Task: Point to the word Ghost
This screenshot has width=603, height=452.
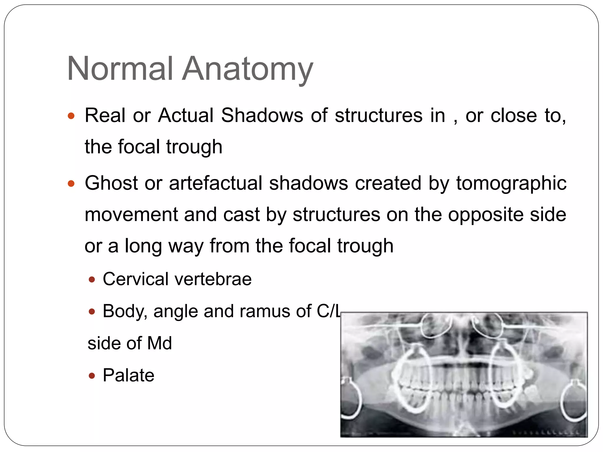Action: coord(111,183)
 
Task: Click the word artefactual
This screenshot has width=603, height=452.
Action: coord(216,183)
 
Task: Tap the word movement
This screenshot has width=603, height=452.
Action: coord(131,215)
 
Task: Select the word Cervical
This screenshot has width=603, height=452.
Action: coord(135,279)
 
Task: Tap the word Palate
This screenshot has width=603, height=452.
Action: coord(128,375)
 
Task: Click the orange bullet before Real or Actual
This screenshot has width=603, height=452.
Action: coord(71,116)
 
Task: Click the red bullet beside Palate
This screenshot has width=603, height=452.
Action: coord(92,376)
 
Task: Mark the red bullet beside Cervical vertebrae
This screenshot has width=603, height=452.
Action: coord(92,280)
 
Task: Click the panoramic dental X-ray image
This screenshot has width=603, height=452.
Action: coord(464,374)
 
